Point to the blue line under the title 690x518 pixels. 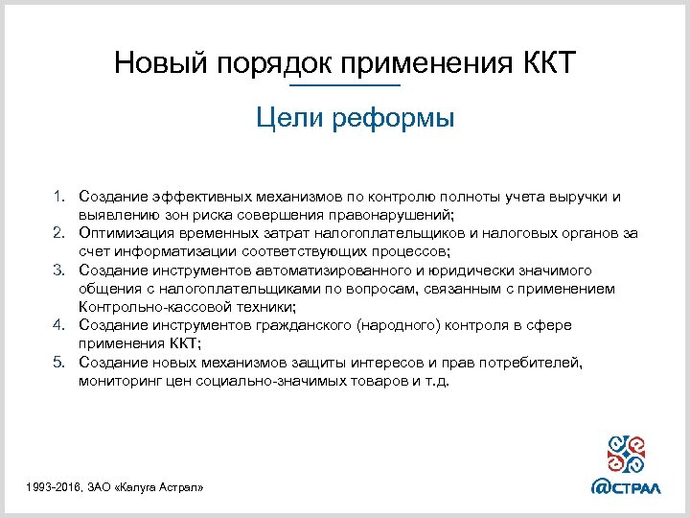click(344, 87)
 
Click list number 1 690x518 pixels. click(58, 197)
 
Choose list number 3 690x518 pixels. click(58, 271)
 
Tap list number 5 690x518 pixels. click(58, 362)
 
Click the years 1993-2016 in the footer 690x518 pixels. click(55, 488)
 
